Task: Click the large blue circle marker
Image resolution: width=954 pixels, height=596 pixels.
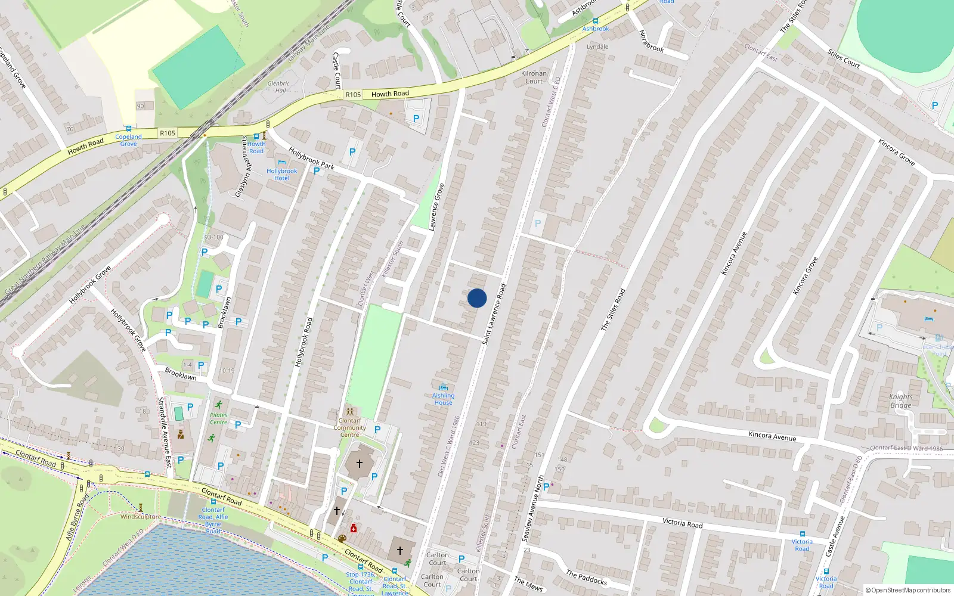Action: click(477, 298)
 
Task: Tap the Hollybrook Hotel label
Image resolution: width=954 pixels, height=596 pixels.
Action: click(281, 175)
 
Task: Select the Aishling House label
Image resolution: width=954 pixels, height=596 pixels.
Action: click(443, 399)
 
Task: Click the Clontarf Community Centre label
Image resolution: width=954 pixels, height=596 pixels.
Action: click(350, 427)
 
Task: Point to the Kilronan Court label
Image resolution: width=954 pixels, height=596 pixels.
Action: click(534, 77)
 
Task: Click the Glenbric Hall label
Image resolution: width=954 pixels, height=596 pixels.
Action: click(278, 87)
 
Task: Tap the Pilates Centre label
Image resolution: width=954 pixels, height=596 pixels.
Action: click(219, 418)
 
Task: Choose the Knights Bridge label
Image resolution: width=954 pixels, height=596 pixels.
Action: click(900, 401)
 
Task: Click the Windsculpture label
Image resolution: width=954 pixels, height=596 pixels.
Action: click(140, 517)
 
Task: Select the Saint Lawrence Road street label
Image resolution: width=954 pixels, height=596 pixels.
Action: click(494, 314)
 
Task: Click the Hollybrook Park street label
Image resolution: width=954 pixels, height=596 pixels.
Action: click(311, 158)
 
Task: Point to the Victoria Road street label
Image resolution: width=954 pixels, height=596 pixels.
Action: click(682, 523)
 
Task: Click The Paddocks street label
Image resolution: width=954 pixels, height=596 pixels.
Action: click(586, 578)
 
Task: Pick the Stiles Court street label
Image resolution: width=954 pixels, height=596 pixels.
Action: click(843, 59)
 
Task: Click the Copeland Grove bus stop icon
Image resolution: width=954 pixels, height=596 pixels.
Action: click(128, 129)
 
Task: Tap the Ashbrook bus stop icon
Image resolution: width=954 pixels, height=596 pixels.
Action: click(595, 21)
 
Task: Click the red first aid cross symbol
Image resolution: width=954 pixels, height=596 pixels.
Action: click(354, 529)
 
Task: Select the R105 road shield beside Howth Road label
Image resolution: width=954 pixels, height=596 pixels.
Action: click(353, 95)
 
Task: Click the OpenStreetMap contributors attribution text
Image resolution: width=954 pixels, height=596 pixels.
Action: click(907, 590)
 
